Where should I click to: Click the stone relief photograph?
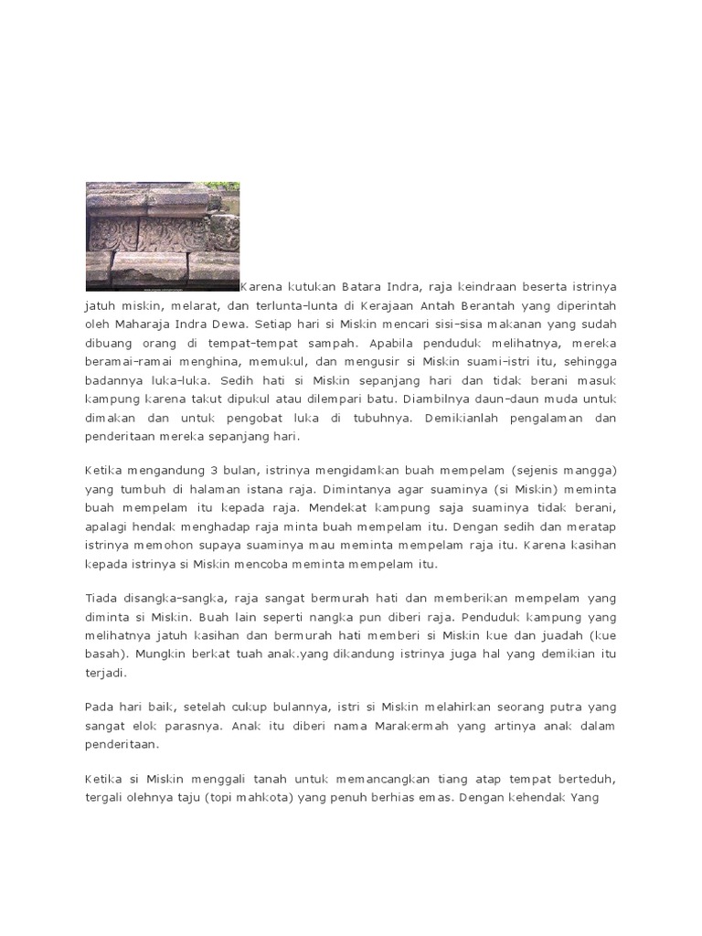pyautogui.click(x=163, y=236)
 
